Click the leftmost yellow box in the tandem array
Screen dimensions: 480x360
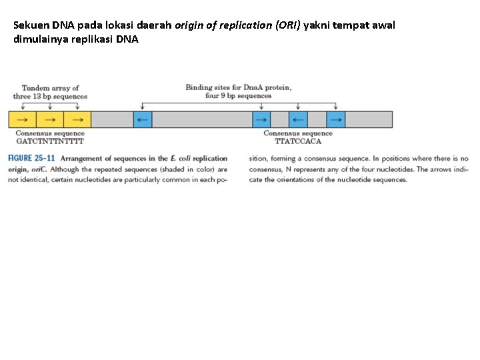[x=22, y=119]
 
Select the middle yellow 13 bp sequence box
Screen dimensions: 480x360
[x=49, y=119]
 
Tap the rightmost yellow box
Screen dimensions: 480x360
[x=77, y=119]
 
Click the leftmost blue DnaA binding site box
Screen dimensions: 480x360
[x=143, y=119]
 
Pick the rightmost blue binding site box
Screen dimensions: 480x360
[x=336, y=119]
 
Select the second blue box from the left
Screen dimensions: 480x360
[x=261, y=119]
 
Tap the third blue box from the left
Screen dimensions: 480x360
[x=298, y=119]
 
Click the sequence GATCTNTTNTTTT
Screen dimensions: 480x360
[x=51, y=141]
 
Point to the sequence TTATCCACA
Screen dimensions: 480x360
[x=298, y=141]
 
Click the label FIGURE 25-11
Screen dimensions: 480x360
[x=31, y=159]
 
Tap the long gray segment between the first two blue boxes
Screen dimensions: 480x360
[x=202, y=119]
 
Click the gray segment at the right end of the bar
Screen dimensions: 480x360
[x=369, y=119]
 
